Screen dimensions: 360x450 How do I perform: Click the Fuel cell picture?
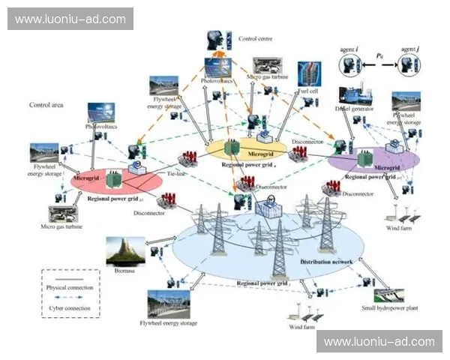tap(308, 73)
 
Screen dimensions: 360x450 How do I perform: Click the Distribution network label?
tap(326, 262)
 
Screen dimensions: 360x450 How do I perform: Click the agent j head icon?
tap(409, 65)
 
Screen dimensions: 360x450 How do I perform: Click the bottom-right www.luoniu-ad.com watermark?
tap(379, 342)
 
